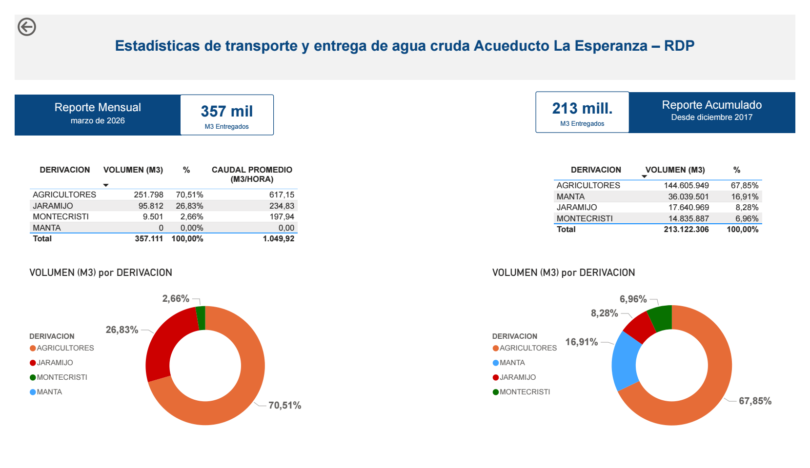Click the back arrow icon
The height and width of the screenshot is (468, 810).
[27, 27]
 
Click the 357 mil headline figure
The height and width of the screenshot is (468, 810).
[227, 112]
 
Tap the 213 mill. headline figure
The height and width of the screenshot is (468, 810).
[582, 108]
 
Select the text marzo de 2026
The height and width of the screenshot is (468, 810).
[98, 121]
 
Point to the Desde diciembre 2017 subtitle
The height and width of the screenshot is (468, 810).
[711, 117]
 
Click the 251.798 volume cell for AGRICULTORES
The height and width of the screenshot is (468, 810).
[149, 195]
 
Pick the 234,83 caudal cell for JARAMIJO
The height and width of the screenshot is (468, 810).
[282, 206]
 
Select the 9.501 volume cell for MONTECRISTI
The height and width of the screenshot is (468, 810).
[153, 217]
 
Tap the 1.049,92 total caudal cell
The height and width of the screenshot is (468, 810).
[278, 239]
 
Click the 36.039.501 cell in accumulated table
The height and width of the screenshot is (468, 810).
[688, 197]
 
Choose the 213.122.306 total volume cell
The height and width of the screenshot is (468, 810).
[686, 230]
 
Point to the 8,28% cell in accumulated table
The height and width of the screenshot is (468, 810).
[747, 208]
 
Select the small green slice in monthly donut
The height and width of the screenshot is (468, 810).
[201, 318]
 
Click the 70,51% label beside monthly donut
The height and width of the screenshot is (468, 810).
[284, 406]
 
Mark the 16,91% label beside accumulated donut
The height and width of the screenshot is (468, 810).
[581, 342]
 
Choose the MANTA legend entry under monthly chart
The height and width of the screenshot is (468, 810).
[49, 392]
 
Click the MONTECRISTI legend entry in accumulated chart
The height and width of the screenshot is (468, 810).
[525, 392]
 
